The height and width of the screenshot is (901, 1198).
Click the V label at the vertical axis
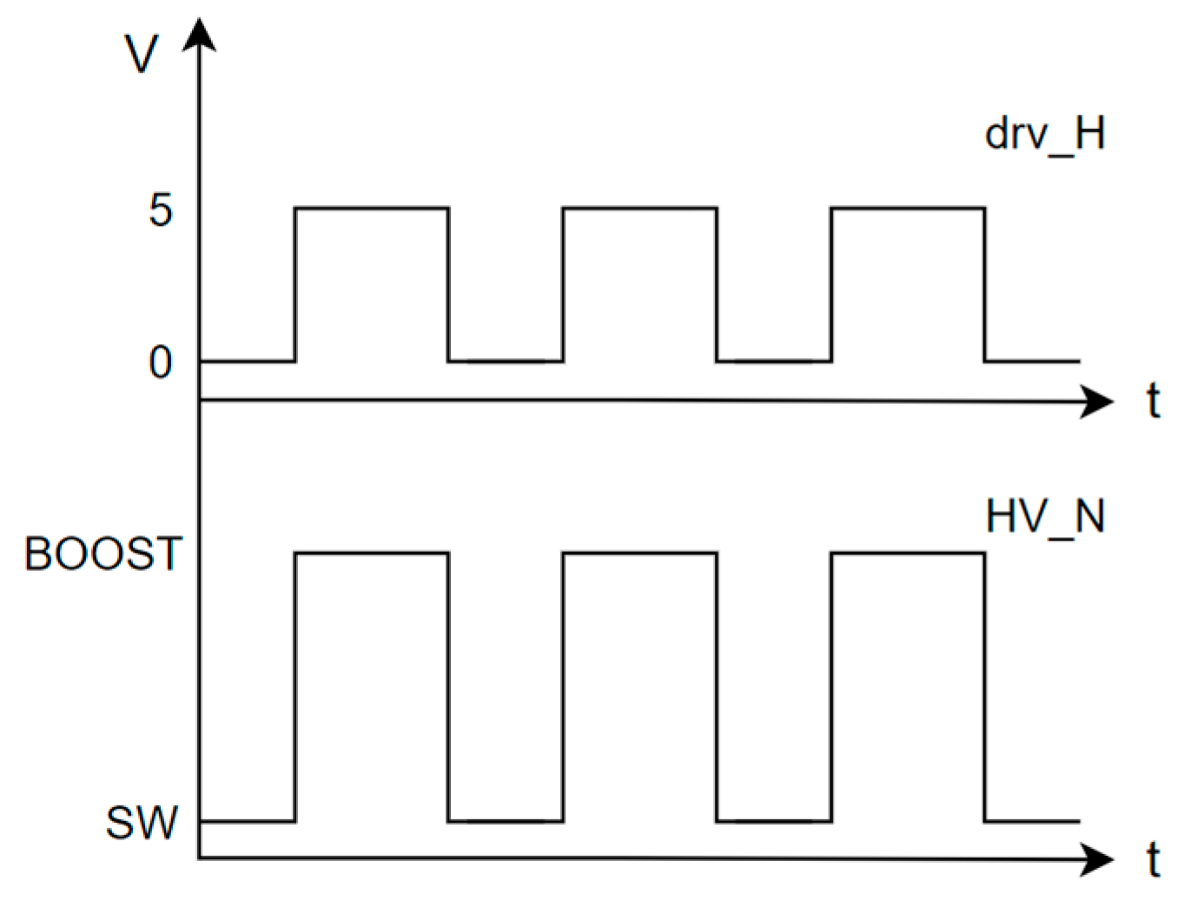pos(142,54)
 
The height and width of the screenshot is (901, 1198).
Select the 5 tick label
pos(161,210)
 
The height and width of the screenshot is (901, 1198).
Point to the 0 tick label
pos(161,362)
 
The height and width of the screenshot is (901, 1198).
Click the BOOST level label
pos(103,554)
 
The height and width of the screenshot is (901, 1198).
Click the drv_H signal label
pos(1044,135)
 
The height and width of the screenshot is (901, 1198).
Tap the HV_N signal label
pos(1044,518)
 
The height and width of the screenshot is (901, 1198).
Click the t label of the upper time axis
pos(1153,401)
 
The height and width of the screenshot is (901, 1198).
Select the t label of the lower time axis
pos(1153,860)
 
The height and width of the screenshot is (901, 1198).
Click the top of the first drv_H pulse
pos(372,208)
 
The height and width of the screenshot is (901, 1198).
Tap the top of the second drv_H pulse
pos(639,208)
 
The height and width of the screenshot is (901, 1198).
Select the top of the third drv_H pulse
pos(908,208)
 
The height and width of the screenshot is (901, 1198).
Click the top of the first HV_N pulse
pos(372,553)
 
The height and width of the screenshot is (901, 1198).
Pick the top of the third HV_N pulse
pos(908,553)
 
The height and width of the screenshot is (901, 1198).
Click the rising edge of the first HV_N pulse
pos(295,686)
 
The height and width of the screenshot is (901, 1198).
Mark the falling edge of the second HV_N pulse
pos(717,686)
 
